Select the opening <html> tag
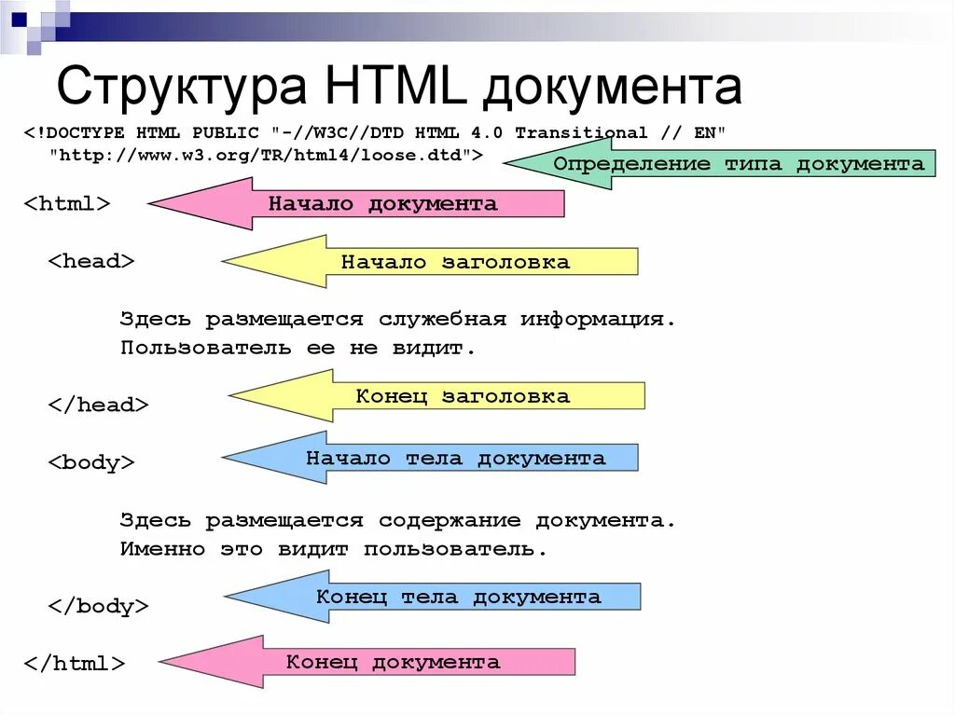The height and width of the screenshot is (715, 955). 67,204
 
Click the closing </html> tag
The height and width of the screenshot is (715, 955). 74,664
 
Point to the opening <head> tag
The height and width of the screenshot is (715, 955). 91,261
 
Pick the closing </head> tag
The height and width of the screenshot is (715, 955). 98,405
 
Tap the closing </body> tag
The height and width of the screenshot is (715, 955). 98,606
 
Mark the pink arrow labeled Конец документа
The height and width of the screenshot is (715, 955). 393,663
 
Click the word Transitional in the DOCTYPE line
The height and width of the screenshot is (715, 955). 580,132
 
